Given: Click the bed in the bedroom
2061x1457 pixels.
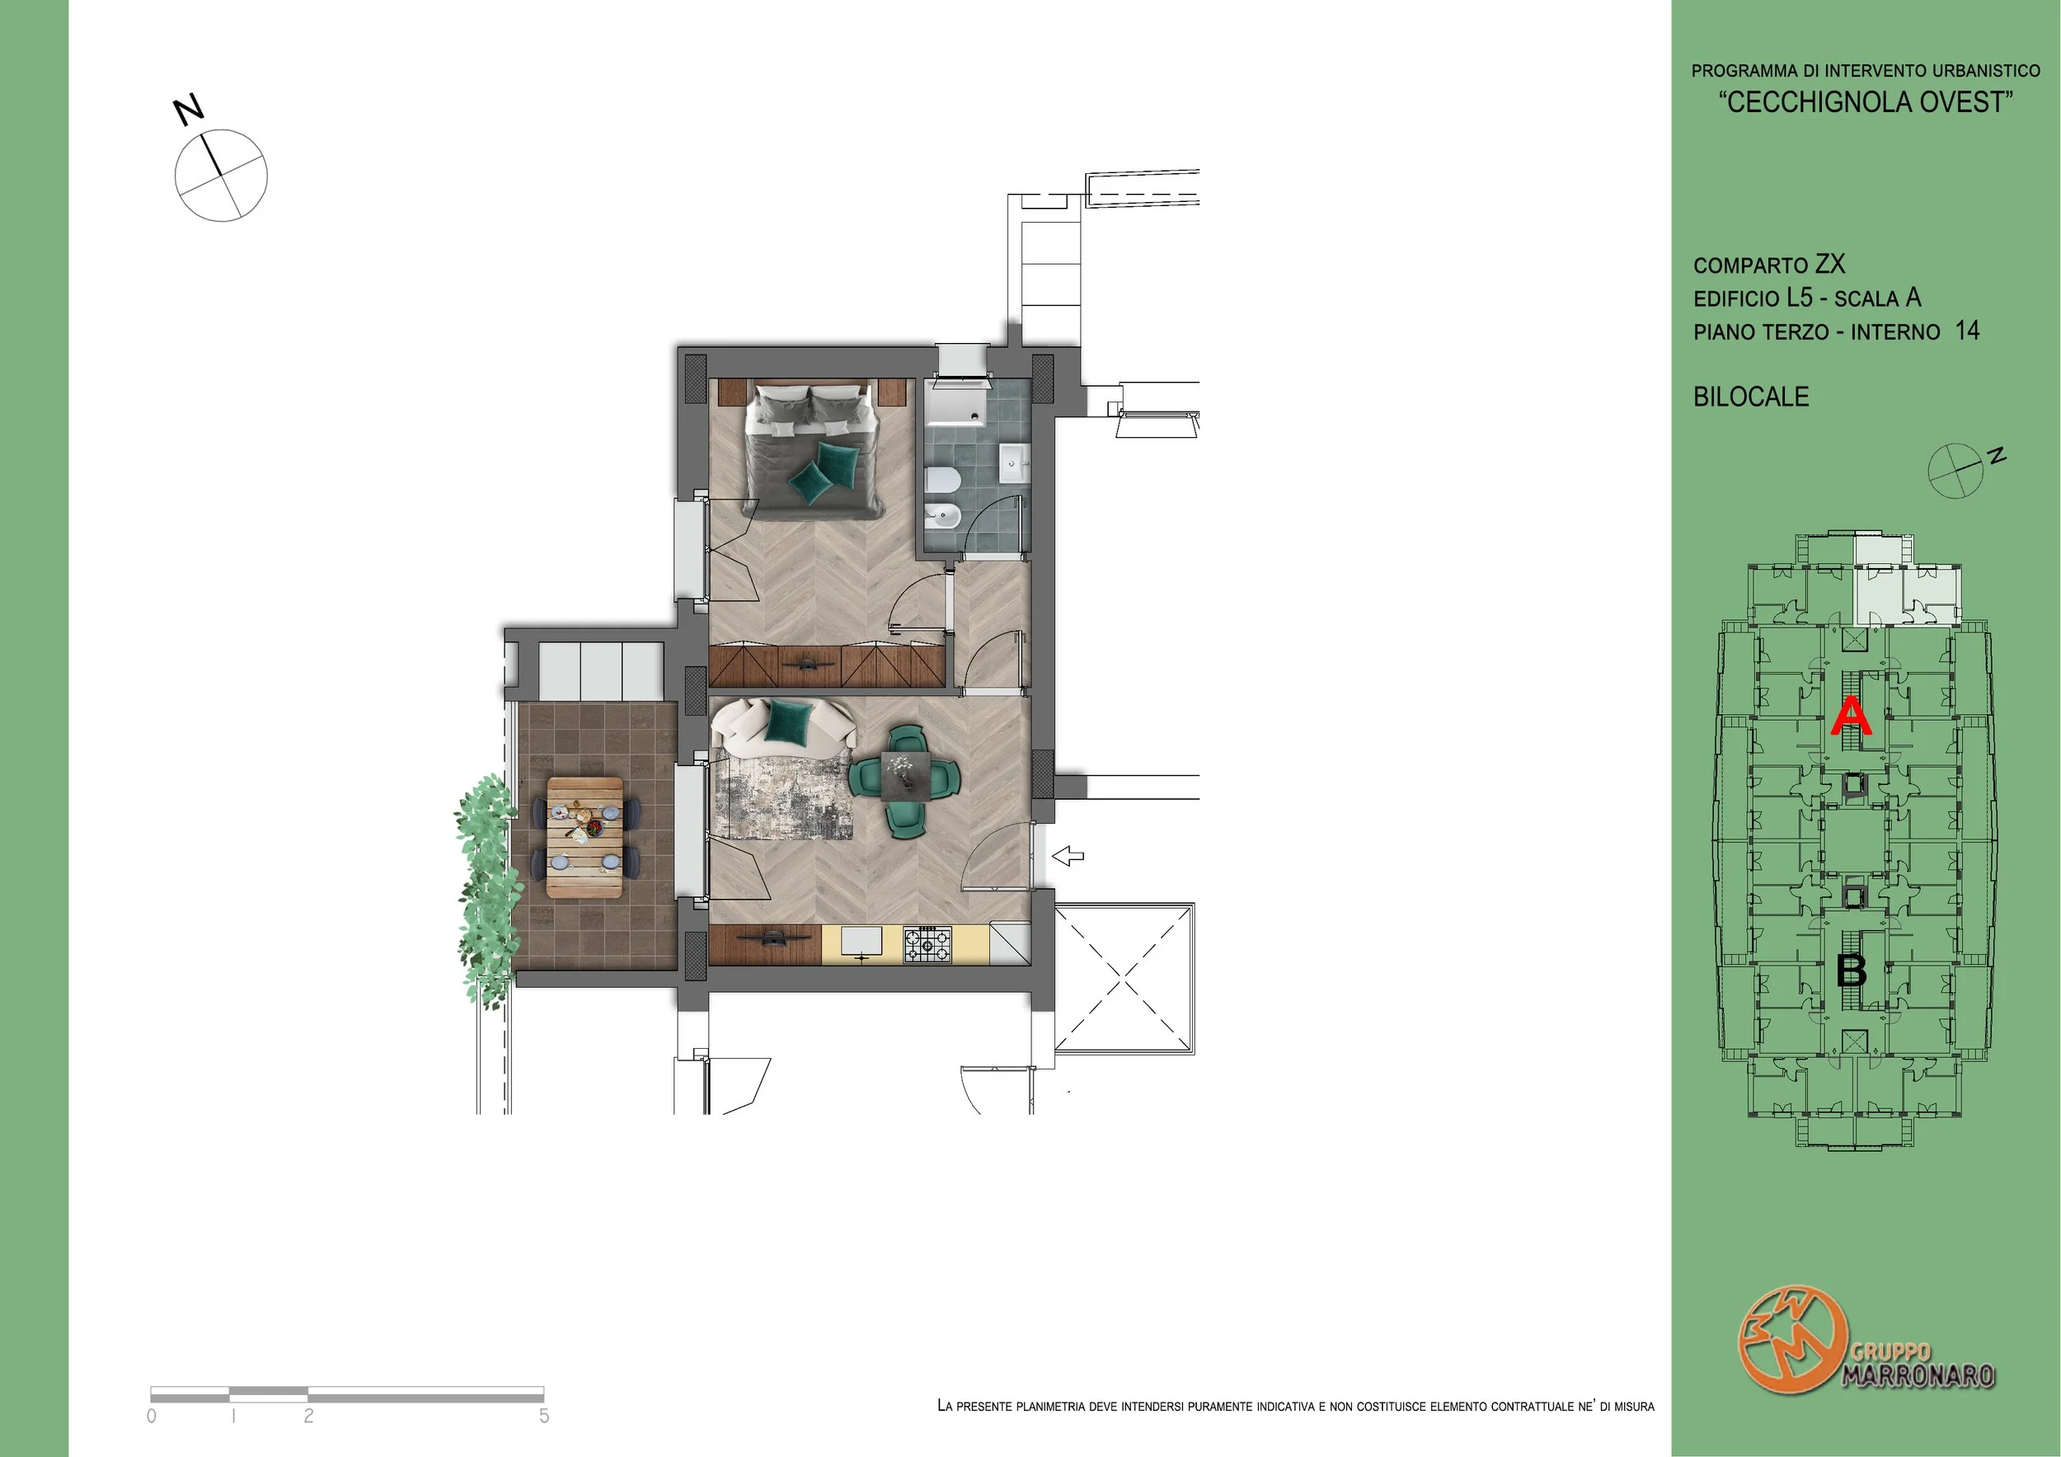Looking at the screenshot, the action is coord(810,451).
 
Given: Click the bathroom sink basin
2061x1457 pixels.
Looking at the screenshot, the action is coord(1013,465).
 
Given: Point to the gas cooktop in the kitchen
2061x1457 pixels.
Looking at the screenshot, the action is coord(927,945).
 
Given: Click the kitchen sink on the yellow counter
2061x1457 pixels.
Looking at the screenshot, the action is coord(861,942).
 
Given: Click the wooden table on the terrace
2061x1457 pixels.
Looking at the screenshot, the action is coord(584,837).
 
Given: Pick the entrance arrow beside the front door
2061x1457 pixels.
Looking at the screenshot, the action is coord(1068,857).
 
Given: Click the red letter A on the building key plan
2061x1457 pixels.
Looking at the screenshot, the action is coord(1851,718).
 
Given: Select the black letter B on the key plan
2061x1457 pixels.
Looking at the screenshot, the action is coord(1852,971).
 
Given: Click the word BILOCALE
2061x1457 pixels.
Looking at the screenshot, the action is coord(1750,397).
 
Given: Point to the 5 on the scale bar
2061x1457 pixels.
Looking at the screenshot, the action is coord(544,1416).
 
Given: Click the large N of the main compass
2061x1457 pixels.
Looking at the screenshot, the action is coord(189,110).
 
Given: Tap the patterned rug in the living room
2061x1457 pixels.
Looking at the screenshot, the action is coord(782,797).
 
